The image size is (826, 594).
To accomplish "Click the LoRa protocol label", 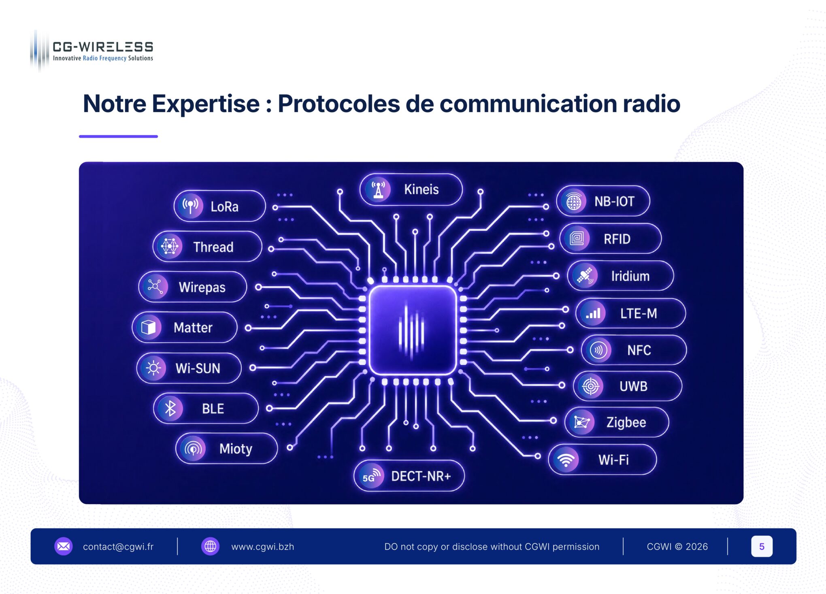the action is [x=224, y=207].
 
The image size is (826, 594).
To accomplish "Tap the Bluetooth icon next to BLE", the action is [x=170, y=408].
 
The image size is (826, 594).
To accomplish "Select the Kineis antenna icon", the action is [x=378, y=189].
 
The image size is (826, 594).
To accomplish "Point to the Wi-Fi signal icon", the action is [x=566, y=460].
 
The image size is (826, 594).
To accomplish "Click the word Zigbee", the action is [x=626, y=422].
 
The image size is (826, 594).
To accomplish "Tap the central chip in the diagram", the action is [x=412, y=330].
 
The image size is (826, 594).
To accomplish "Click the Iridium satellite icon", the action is [x=585, y=276].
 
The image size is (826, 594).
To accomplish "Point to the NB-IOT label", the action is [x=614, y=201].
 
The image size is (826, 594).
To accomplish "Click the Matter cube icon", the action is [x=149, y=327].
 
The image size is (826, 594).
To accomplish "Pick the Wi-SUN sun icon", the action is [x=153, y=368].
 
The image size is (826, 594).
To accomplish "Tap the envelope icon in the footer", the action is [x=64, y=546].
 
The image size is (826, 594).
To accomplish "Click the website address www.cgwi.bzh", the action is [x=262, y=547].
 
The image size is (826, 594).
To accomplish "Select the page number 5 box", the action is [x=762, y=546].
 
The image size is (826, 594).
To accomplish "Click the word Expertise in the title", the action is [x=206, y=104].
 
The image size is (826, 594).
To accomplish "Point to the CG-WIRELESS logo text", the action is [x=103, y=47].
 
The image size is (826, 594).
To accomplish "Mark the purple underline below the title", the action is [x=118, y=136].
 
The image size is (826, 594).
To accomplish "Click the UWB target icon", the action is [x=591, y=386].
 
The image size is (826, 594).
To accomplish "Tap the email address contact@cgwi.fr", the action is [x=118, y=547].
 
